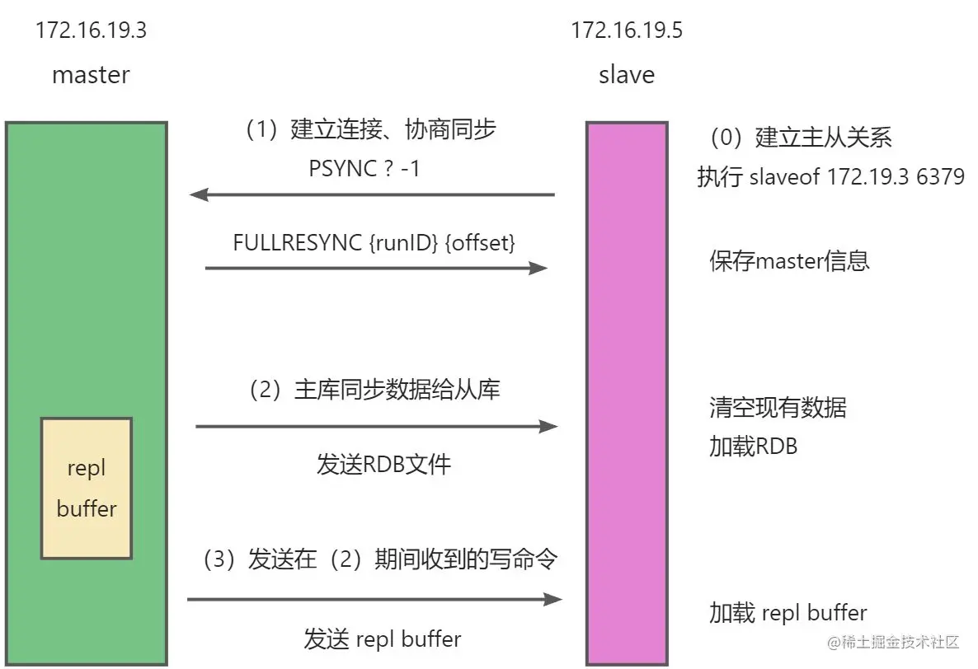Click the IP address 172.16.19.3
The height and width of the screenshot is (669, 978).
[91, 32]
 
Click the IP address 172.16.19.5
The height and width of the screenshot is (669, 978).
[627, 32]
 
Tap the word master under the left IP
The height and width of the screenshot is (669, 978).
[91, 75]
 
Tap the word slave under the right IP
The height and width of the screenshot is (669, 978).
[627, 75]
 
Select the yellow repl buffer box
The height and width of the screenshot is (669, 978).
[87, 488]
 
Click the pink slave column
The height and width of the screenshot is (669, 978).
[628, 346]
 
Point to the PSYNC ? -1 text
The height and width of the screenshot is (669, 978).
[364, 168]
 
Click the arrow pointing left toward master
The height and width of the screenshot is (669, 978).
[371, 195]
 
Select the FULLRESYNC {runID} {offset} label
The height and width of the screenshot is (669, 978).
[375, 243]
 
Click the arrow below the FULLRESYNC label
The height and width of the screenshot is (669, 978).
[375, 269]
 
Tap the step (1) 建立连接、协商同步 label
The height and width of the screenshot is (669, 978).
[370, 130]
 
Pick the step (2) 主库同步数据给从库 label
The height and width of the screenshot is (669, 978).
[375, 390]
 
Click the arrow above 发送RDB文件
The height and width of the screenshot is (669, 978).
[376, 427]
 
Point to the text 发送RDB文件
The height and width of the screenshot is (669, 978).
[383, 464]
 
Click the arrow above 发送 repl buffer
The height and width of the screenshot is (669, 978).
[374, 599]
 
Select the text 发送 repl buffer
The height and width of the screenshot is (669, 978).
[383, 639]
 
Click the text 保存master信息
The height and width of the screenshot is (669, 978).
[789, 261]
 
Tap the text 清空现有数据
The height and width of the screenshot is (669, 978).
[778, 407]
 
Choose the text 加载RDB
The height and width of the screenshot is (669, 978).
[753, 446]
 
